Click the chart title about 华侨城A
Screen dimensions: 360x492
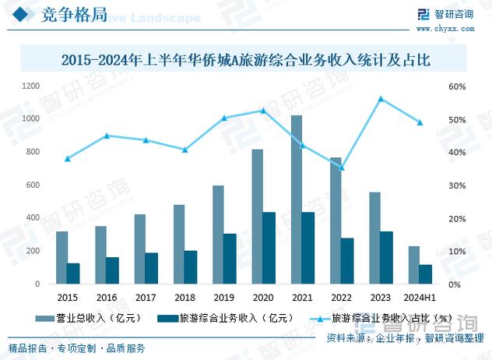pos(246,59)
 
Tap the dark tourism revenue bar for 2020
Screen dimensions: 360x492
pos(269,248)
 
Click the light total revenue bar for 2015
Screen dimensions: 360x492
pos(61,258)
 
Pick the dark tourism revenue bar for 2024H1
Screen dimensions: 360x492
pos(426,274)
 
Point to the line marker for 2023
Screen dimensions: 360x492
pos(381,99)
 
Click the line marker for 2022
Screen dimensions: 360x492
pos(341,168)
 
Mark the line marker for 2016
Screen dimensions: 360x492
pos(107,136)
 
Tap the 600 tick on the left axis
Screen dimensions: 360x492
pos(33,185)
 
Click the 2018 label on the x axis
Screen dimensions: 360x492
pos(185,298)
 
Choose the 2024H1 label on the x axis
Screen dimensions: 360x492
pos(420,298)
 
